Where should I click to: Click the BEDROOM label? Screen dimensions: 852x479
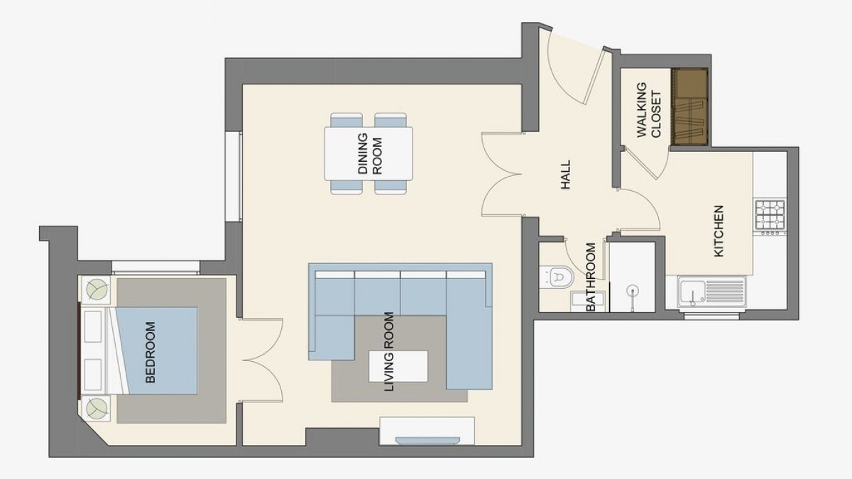(x=151, y=352)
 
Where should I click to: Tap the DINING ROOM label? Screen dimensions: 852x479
(x=370, y=153)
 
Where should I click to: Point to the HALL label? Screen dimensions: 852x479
(x=566, y=175)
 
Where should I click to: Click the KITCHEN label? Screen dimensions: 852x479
(x=719, y=231)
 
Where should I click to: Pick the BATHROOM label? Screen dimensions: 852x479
(x=590, y=277)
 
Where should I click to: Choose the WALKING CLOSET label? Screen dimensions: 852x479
(x=649, y=110)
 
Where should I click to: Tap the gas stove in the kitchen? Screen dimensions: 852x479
(x=770, y=217)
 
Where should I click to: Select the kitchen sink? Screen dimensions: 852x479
(x=711, y=292)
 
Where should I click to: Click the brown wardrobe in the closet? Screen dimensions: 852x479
(x=689, y=107)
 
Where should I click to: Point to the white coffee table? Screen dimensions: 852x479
(x=398, y=366)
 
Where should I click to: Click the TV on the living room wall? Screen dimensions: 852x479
(x=427, y=441)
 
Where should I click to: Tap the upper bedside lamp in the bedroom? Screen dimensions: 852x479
(x=97, y=290)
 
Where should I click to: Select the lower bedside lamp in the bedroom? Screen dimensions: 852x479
(x=97, y=409)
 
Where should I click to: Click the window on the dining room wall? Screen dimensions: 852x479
(x=234, y=177)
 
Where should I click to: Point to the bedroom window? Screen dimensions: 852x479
(x=155, y=268)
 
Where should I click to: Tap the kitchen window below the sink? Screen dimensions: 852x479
(x=711, y=316)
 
